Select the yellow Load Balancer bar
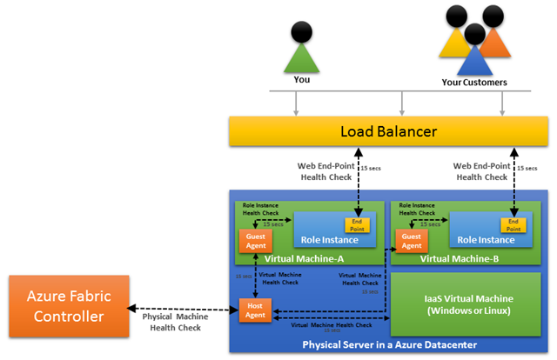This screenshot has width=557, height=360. (388, 132)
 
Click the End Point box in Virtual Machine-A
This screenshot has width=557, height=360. (359, 225)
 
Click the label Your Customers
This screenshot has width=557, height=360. (473, 83)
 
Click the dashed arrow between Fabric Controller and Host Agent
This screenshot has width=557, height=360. (183, 307)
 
